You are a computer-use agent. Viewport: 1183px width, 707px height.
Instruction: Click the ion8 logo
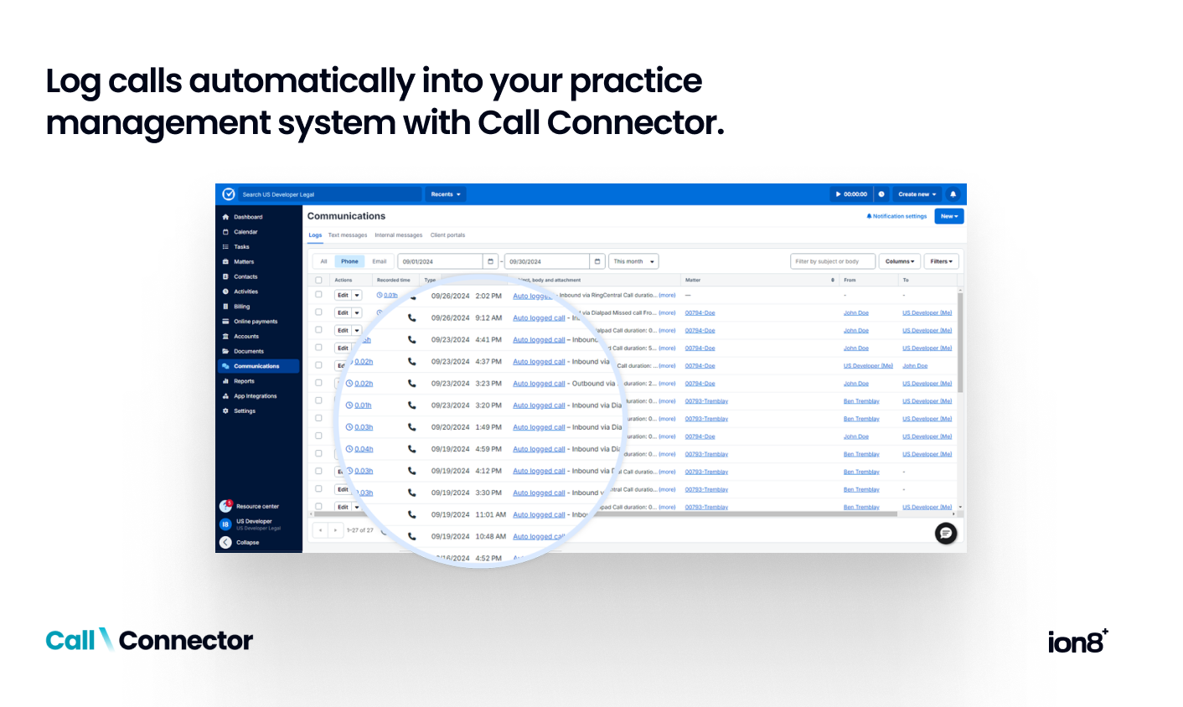click(1077, 642)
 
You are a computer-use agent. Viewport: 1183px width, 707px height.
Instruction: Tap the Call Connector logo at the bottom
click(149, 641)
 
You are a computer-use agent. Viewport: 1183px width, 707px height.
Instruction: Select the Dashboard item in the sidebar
click(248, 217)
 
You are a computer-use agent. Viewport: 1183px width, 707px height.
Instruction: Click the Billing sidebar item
click(242, 307)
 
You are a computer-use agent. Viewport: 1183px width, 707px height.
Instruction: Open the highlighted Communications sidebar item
click(256, 366)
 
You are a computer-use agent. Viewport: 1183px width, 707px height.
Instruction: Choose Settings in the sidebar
click(245, 411)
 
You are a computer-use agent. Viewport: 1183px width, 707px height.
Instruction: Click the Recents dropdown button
click(446, 194)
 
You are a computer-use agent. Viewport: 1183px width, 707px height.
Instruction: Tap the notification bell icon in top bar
click(953, 194)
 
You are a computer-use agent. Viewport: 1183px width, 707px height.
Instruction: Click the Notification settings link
click(897, 216)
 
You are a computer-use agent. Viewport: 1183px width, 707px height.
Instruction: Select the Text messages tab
click(348, 235)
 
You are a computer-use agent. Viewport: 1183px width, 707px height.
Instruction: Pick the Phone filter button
click(349, 261)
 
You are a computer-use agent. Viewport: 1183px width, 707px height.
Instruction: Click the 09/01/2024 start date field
click(440, 261)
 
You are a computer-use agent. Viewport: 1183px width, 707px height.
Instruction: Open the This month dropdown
click(633, 261)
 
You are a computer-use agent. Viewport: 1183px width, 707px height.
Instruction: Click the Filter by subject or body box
click(832, 261)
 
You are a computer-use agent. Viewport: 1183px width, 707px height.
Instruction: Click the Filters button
click(942, 261)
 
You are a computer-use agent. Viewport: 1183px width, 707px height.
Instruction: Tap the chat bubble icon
click(946, 533)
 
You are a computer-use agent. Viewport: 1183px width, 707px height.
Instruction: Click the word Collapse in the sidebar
click(248, 543)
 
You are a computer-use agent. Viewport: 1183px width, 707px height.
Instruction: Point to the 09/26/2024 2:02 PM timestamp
click(466, 297)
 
